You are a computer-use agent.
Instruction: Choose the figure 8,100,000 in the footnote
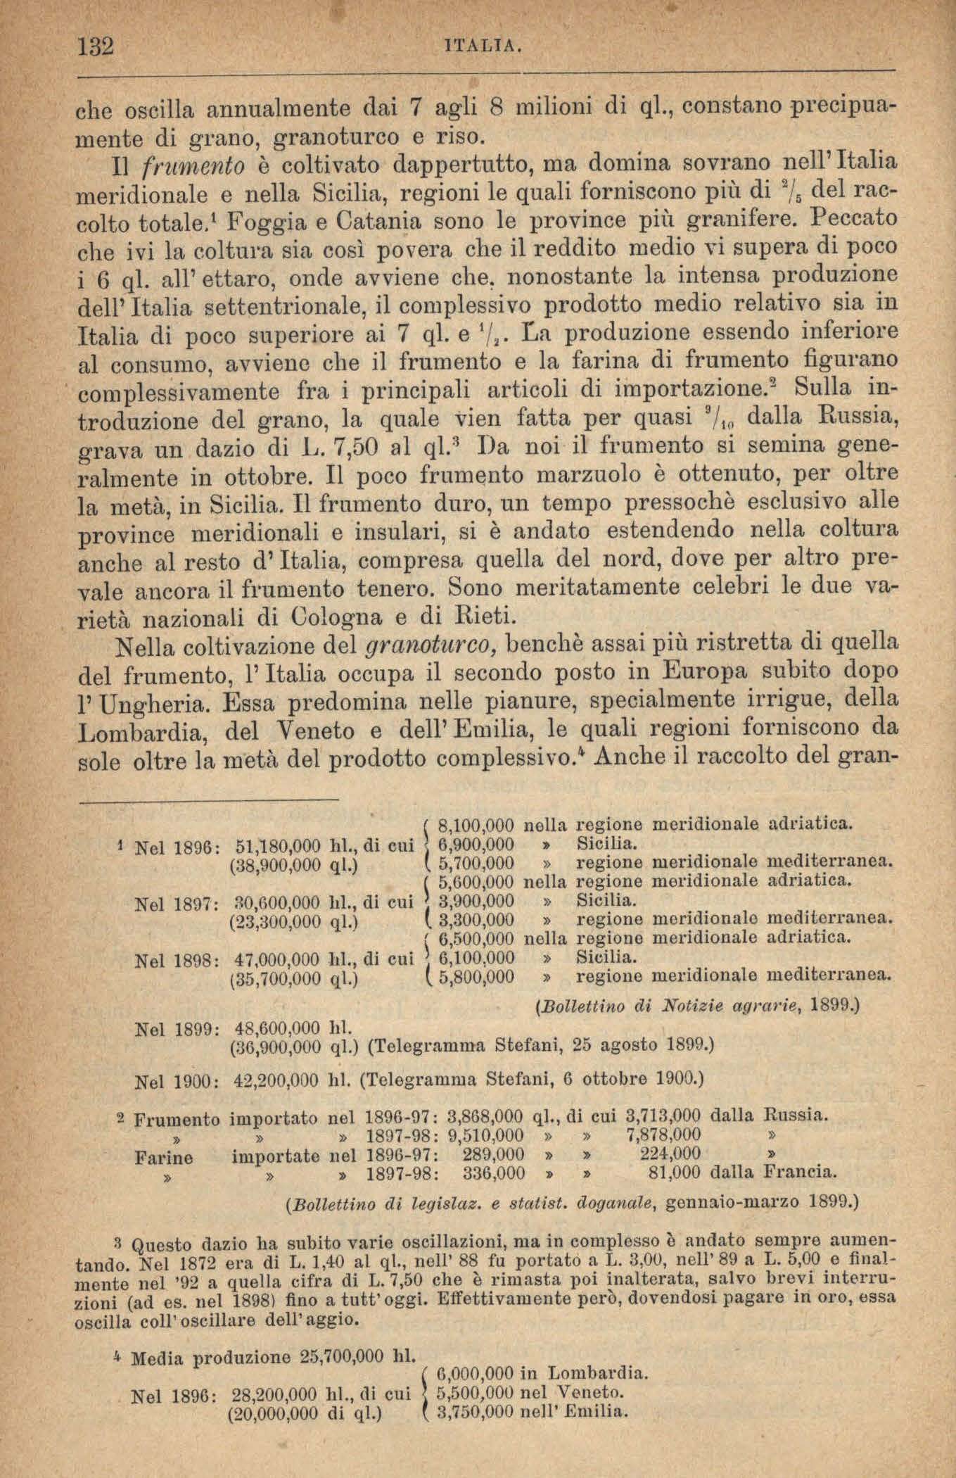476,825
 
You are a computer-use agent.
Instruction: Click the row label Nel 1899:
179,1029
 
